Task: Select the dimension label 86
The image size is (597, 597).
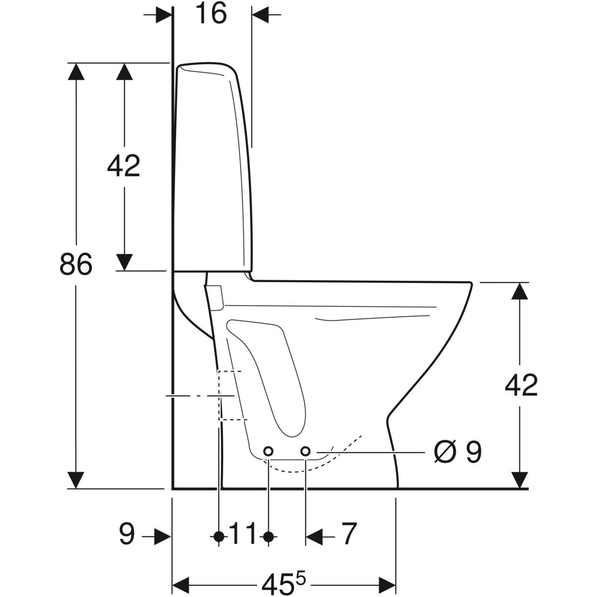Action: tap(76, 264)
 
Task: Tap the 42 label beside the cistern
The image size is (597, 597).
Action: tap(123, 166)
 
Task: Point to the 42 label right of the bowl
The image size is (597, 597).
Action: tap(521, 386)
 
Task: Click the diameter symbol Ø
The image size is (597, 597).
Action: tap(445, 452)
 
